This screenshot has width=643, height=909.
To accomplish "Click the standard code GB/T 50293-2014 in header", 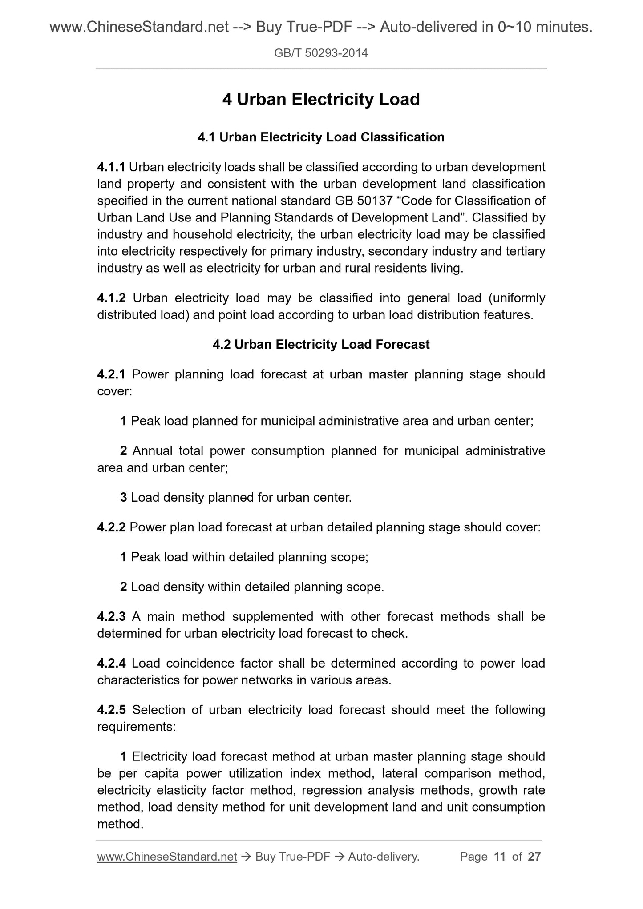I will [x=321, y=53].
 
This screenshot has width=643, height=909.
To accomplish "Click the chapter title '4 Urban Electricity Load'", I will [x=321, y=99].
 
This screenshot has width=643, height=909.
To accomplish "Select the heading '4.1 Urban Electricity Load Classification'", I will [x=321, y=137].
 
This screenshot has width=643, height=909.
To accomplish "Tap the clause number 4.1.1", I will [x=111, y=167].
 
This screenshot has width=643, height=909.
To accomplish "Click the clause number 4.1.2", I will [x=111, y=298].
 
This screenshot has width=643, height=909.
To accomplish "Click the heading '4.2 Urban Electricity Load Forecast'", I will [x=321, y=345].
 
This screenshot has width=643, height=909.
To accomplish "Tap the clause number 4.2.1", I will [x=111, y=374].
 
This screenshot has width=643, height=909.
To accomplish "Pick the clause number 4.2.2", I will [x=111, y=527].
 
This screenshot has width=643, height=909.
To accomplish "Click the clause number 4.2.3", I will [x=111, y=617].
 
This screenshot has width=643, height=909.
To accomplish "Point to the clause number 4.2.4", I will [x=111, y=664].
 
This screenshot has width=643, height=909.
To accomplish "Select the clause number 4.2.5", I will [x=111, y=710].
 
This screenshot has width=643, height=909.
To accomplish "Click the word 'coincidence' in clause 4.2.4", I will [x=200, y=664].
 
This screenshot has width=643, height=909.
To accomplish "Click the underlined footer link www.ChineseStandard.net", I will [x=167, y=857].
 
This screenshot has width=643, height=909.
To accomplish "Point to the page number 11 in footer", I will [x=500, y=857].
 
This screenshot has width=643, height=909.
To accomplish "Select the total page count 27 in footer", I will [x=534, y=857].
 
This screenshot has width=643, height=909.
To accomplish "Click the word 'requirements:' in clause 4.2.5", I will [x=136, y=727].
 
